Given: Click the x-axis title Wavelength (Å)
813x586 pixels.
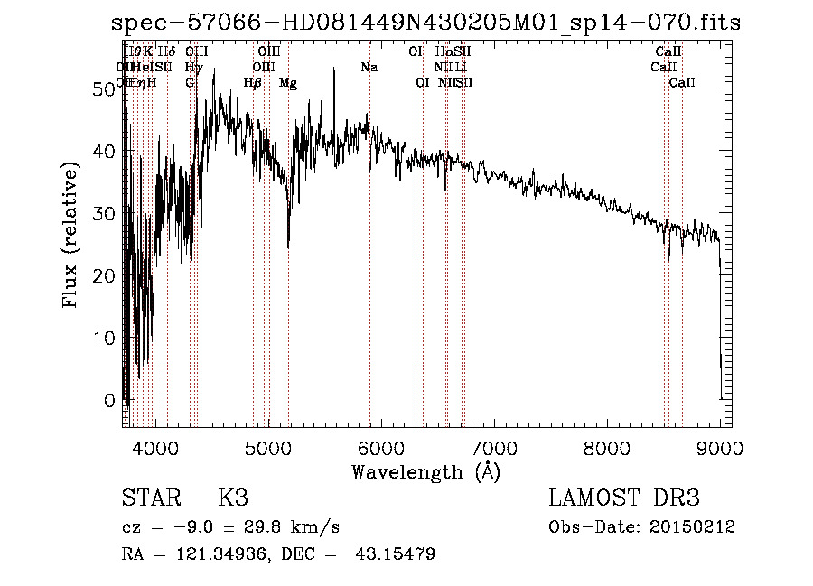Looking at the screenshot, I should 425,470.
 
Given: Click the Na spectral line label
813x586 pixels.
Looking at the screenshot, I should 369,68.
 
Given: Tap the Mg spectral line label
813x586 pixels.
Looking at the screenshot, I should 288,83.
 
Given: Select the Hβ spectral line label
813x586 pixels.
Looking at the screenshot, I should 253,83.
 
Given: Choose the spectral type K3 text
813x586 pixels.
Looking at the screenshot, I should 233,498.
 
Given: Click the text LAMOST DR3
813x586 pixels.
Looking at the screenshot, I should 624,498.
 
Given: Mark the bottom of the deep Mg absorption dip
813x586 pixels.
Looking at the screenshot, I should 288,246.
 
